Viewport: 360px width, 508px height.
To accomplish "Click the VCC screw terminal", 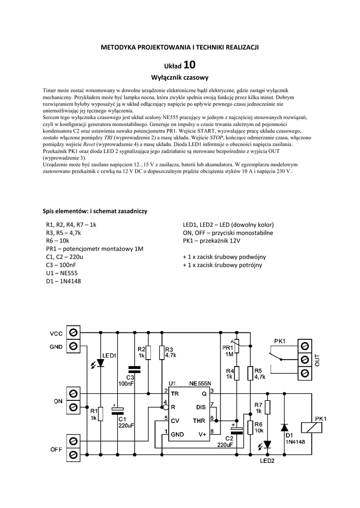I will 73,332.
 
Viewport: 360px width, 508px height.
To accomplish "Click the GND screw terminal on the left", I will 73,346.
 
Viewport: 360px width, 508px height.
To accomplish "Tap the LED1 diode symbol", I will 100,363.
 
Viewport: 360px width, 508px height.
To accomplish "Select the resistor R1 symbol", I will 100,413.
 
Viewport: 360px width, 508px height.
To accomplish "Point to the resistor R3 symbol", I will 161,352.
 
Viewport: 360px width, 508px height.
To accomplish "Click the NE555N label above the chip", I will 200,383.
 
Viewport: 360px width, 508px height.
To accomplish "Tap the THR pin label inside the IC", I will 200,421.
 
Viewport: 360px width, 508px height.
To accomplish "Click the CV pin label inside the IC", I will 175,420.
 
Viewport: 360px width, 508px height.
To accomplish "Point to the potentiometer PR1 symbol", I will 237,346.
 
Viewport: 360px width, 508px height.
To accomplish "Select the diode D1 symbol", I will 284,427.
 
